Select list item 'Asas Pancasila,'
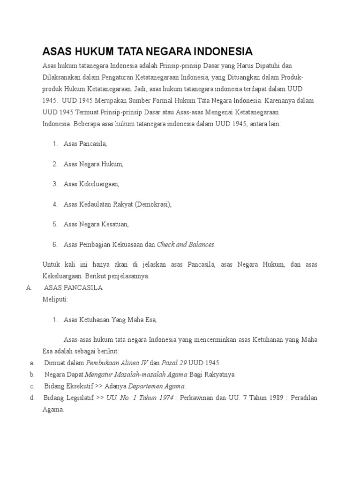[x=85, y=144]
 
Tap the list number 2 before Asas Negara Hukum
[x=55, y=164]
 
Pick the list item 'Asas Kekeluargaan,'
[x=91, y=184]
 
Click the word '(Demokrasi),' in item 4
[x=153, y=204]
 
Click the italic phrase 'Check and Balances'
[x=186, y=245]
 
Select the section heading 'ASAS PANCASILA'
[x=73, y=288]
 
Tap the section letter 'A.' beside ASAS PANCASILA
[x=29, y=288]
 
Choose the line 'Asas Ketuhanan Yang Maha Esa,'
[x=110, y=320]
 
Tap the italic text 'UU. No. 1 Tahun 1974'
[x=140, y=398]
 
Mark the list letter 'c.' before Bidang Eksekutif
[x=32, y=386]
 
